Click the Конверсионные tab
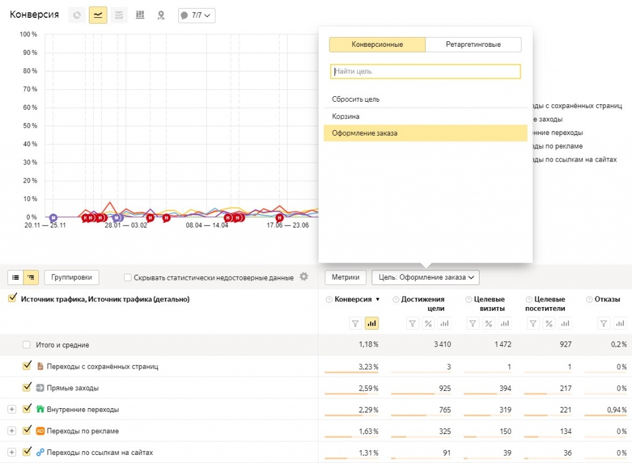(x=377, y=45)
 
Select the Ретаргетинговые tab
(x=473, y=45)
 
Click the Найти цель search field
(x=425, y=72)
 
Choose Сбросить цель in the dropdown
(x=355, y=99)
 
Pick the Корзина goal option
(x=346, y=117)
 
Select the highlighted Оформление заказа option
(x=365, y=134)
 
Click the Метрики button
(x=346, y=277)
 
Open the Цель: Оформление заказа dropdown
(x=425, y=277)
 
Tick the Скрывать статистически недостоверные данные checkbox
(x=128, y=277)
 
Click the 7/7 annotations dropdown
(x=197, y=15)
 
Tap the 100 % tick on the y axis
(x=29, y=34)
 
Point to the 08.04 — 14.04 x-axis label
(x=207, y=226)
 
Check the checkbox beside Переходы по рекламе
(x=27, y=430)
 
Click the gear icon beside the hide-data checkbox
(x=304, y=277)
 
